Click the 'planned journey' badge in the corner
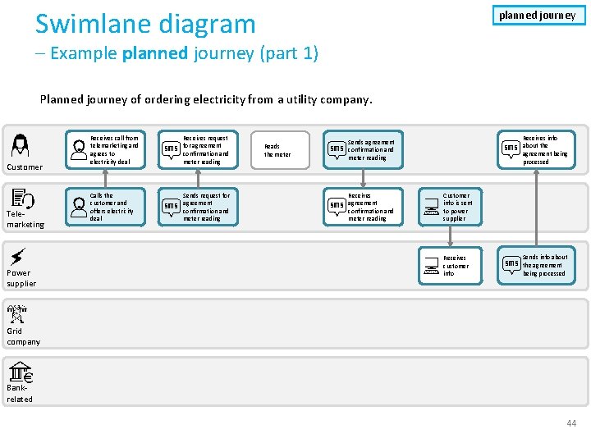pos(538,15)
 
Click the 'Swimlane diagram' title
pos(145,24)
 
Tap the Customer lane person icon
pos(20,144)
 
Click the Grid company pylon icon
pos(17,313)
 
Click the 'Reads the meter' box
pos(277,150)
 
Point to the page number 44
pos(572,422)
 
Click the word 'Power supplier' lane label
pos(21,278)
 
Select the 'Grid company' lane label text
pos(23,336)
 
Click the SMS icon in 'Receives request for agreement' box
pos(172,148)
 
